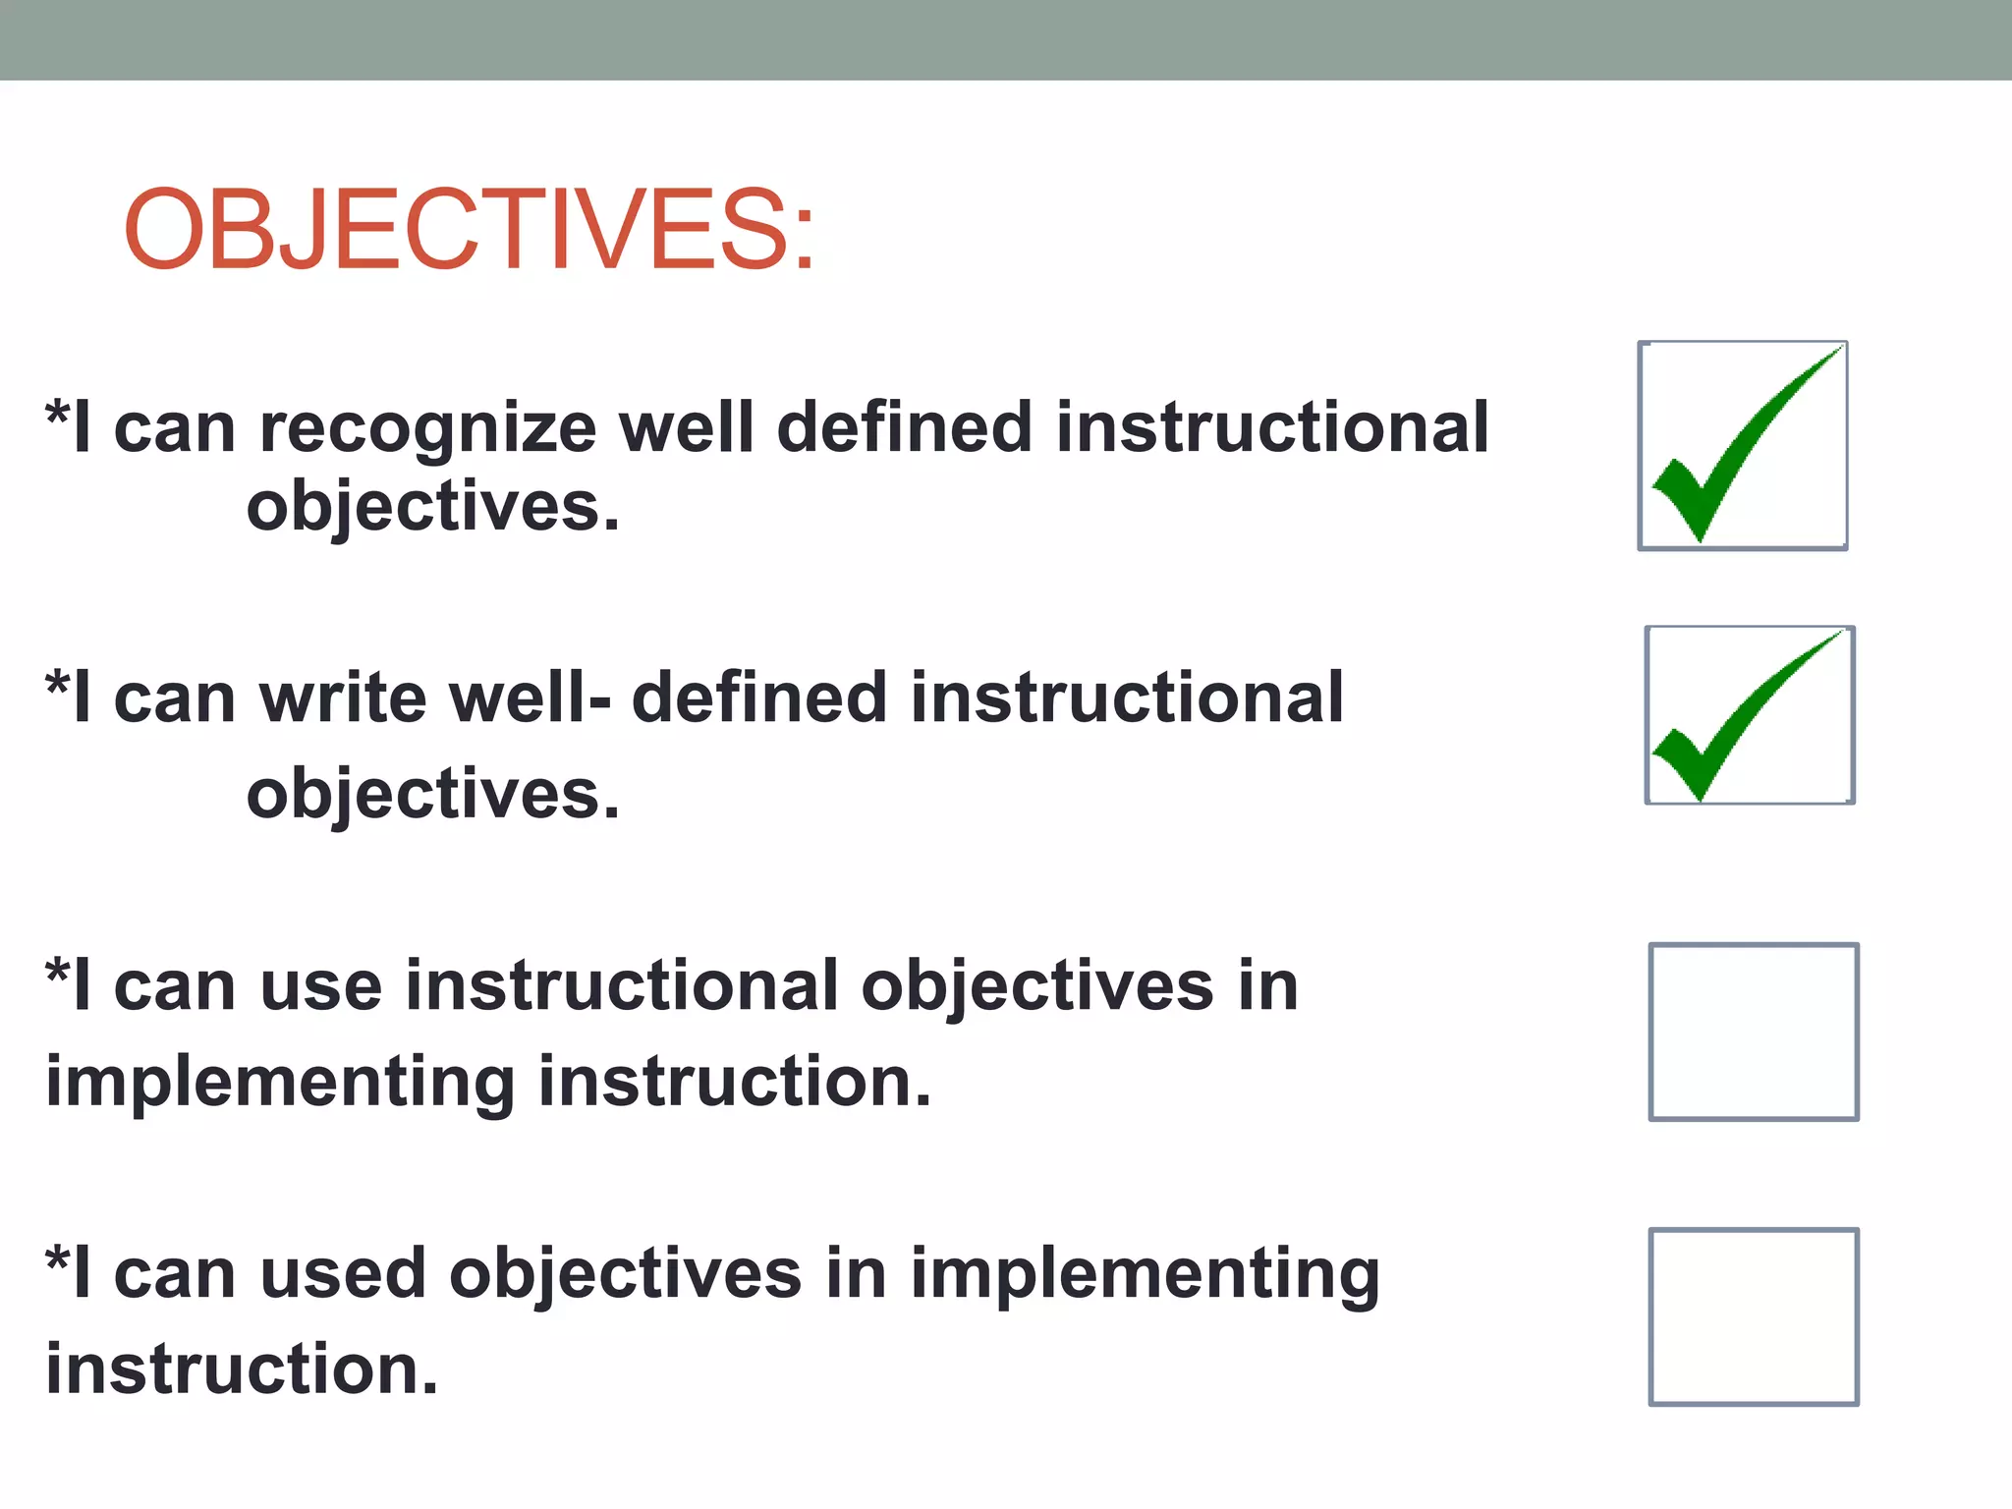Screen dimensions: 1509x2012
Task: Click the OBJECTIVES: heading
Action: click(470, 230)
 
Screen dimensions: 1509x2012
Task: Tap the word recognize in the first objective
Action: click(428, 429)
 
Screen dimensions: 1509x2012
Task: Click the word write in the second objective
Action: click(344, 699)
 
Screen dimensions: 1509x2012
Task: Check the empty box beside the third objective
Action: click(1754, 1032)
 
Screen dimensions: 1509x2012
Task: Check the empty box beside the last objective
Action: click(1754, 1316)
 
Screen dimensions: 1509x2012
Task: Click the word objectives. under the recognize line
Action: click(433, 508)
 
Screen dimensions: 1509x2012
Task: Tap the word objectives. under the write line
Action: click(433, 795)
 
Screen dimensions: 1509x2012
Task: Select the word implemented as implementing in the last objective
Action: click(1145, 1274)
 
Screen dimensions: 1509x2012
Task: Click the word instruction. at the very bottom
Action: click(242, 1369)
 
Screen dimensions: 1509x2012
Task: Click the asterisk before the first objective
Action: click(58, 413)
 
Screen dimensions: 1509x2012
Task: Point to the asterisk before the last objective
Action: click(58, 1258)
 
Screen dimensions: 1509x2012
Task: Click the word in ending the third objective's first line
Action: click(1268, 986)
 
